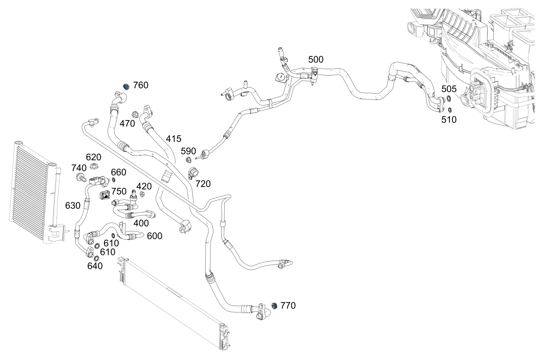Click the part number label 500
(x=316, y=60)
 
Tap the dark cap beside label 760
(x=127, y=86)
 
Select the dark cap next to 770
(x=275, y=306)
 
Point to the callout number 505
(x=449, y=89)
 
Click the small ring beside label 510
(x=449, y=110)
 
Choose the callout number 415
(x=174, y=139)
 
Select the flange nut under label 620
(x=93, y=166)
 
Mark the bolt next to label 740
(x=80, y=178)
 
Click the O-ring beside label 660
(x=113, y=180)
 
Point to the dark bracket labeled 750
(x=106, y=195)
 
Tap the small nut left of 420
(x=142, y=193)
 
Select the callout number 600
(x=155, y=236)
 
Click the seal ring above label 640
(x=96, y=258)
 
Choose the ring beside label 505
(x=449, y=98)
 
